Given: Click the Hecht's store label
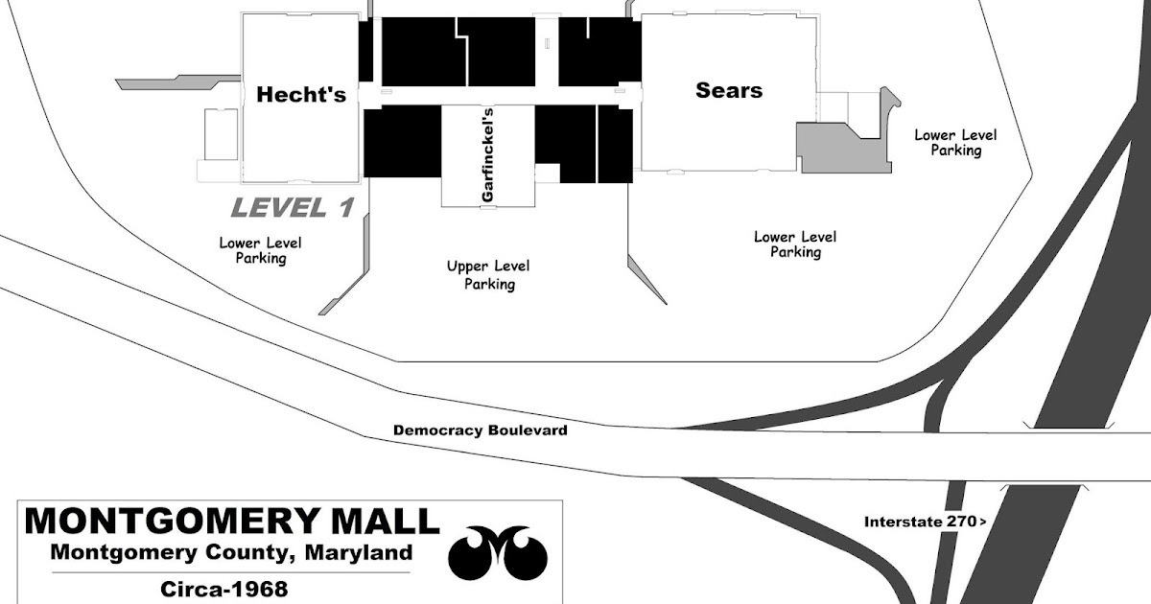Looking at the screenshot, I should (301, 95).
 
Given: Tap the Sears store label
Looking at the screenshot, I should (729, 91).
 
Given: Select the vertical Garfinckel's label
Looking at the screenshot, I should (487, 168).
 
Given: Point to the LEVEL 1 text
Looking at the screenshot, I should (293, 207).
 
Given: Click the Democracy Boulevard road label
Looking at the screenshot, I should (480, 430).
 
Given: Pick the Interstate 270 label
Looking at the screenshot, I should (924, 523).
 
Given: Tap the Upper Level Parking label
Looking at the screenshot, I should (488, 275).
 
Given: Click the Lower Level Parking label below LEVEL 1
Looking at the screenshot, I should (260, 250).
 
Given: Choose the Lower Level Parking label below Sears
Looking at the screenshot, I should (794, 244).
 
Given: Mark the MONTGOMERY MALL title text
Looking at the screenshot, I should (231, 523).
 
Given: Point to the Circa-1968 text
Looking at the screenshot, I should (226, 587).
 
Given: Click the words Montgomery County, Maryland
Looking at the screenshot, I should (231, 554).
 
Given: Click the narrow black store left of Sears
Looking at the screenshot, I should (614, 144).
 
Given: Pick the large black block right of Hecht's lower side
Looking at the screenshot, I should (402, 142).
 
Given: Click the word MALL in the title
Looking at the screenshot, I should (384, 523).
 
